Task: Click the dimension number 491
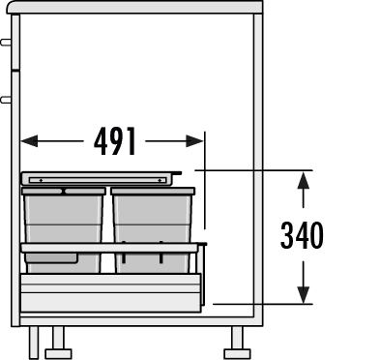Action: (114, 141)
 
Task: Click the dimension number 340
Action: (302, 234)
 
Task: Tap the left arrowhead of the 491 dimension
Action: (29, 141)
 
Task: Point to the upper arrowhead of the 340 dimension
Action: (304, 178)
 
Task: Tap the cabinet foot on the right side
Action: (236, 338)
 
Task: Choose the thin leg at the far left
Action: (34, 340)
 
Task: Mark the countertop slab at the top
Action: (135, 7)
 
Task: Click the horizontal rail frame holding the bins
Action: (111, 248)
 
